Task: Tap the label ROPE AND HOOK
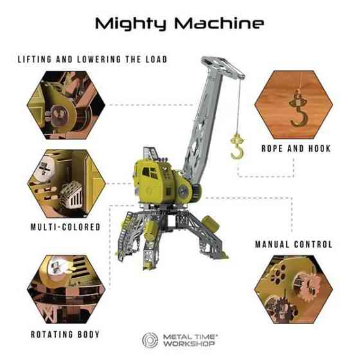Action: click(x=296, y=148)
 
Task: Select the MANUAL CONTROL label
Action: click(x=294, y=244)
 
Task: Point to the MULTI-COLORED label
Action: click(x=66, y=227)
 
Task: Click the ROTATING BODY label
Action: click(x=65, y=334)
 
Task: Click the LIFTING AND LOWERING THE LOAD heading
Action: click(x=92, y=60)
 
